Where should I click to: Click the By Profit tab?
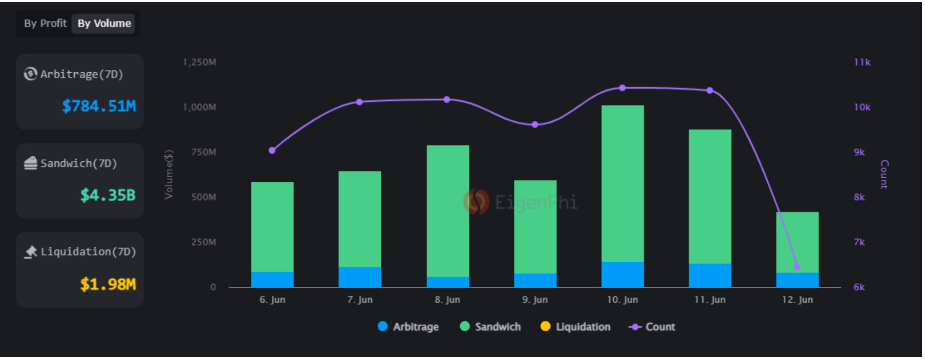[x=45, y=24]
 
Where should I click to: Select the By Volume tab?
[x=104, y=24]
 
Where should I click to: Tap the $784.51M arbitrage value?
[x=99, y=106]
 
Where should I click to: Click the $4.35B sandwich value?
[x=107, y=195]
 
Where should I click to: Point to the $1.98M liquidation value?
[x=107, y=284]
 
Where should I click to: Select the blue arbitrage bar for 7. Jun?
[x=360, y=277]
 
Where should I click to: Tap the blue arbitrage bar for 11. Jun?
[x=710, y=276]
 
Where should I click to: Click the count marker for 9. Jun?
[x=535, y=124]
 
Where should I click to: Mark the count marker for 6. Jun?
[x=272, y=151]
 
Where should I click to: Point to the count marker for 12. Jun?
[x=797, y=267]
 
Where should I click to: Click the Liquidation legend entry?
[x=575, y=327]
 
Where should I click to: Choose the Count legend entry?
[x=652, y=327]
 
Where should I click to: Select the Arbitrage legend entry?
[x=408, y=327]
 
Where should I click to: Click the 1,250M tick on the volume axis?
[x=199, y=62]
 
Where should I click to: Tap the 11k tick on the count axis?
[x=862, y=62]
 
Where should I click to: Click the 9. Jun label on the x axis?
[x=535, y=300]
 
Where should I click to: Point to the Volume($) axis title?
[x=168, y=174]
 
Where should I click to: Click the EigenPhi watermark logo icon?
[x=476, y=202]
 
